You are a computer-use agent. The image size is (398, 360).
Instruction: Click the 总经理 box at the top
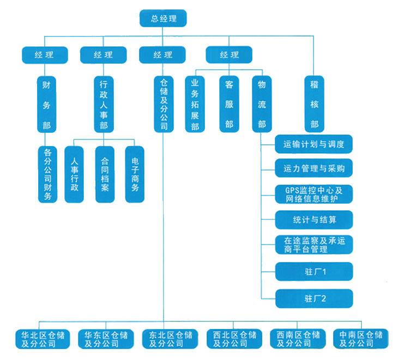pos(163,19)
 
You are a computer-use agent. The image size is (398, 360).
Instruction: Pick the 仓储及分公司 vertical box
pos(163,104)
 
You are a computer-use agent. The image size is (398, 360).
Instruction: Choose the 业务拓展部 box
pos(195,104)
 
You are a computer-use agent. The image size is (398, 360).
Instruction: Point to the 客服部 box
pos(229,104)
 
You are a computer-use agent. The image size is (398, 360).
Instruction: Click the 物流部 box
pos(262,104)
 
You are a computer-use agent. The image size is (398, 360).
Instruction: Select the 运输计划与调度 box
pos(314,144)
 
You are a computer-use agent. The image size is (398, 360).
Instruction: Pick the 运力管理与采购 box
pos(314,168)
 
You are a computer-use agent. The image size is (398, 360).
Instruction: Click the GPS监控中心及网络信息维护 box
pos(314,194)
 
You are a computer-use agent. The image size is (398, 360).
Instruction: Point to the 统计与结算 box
pos(314,220)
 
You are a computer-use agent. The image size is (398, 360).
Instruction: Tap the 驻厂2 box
pos(314,298)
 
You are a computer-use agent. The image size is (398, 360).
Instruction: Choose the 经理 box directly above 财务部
pos(45,55)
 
